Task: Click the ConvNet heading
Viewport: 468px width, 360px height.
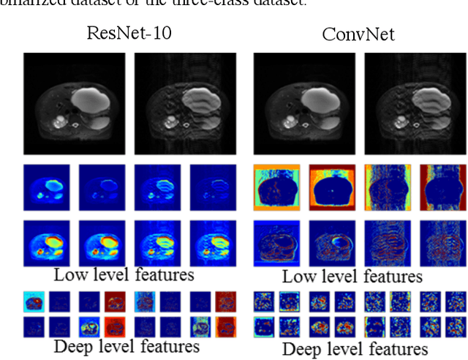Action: (x=358, y=34)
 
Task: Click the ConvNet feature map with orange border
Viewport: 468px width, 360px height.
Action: (x=277, y=187)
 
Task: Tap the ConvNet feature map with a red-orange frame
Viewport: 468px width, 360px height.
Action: (x=331, y=187)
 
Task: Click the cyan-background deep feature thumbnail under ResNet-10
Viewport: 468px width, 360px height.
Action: (x=33, y=301)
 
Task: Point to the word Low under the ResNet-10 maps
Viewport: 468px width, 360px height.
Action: (x=69, y=274)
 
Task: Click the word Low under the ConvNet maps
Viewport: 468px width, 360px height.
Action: (x=298, y=276)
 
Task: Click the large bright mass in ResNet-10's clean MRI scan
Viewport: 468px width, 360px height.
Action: (x=94, y=95)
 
